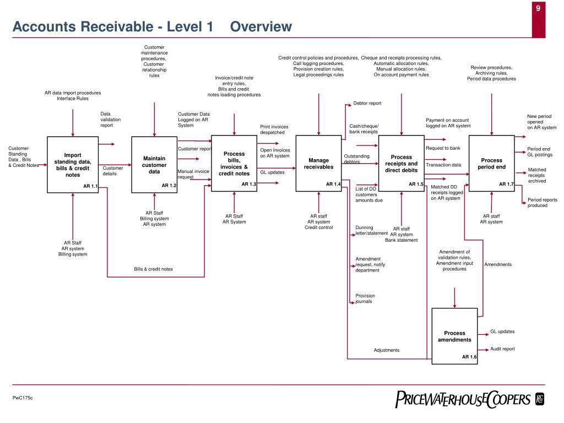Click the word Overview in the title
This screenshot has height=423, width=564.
[261, 26]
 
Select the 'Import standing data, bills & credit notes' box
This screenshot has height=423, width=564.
[73, 164]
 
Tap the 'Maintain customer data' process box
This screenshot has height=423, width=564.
[154, 164]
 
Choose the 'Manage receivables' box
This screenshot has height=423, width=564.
[318, 163]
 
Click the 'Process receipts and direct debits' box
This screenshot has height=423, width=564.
[401, 163]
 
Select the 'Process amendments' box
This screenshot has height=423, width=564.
[454, 335]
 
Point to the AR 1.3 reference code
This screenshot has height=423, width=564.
[249, 184]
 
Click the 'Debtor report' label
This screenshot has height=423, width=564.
[367, 103]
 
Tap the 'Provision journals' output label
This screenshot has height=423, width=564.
[365, 299]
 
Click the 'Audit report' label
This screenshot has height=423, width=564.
[502, 349]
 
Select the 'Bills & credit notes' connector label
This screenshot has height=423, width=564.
[153, 269]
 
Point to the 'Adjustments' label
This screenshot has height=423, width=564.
[387, 350]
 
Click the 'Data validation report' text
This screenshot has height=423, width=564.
[110, 120]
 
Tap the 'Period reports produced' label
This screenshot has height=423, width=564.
[542, 203]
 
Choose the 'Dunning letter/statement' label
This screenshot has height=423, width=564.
[371, 230]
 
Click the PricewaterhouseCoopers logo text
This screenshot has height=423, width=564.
[463, 400]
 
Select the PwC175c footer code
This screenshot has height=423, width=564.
[23, 398]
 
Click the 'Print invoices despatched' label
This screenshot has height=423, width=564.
[274, 129]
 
